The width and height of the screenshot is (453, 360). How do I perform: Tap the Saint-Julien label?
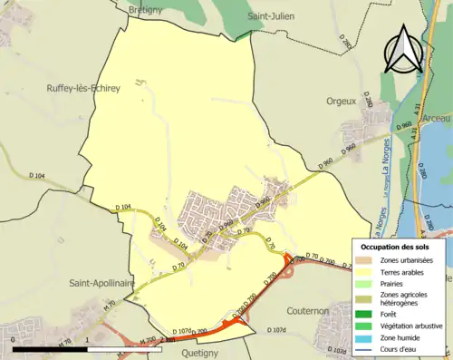[x=274, y=16]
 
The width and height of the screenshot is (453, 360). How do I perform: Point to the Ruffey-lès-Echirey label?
[x=83, y=88]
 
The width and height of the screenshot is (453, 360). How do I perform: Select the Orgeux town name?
[x=341, y=102]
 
